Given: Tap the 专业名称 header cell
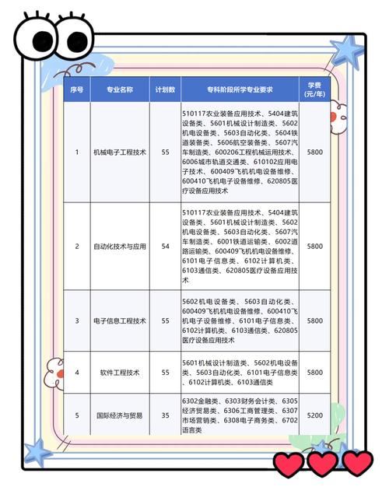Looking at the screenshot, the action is (119, 89).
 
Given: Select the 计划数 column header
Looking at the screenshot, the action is (163, 89).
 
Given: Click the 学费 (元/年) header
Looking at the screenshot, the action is (314, 89).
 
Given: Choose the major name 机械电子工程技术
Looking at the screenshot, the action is (119, 152).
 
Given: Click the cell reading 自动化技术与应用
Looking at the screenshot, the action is (119, 246).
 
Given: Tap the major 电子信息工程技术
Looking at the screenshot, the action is (119, 321).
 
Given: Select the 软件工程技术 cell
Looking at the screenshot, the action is (119, 373).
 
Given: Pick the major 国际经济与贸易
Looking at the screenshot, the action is (119, 415).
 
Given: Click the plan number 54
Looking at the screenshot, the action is (163, 246).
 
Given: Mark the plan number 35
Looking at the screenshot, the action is (163, 415).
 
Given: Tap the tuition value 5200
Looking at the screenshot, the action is (314, 415).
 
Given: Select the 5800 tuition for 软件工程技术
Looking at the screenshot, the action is (314, 373).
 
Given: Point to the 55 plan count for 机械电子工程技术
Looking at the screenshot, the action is (163, 152).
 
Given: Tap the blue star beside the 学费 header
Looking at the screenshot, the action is (347, 53).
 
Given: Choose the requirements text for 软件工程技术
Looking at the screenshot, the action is (239, 373).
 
